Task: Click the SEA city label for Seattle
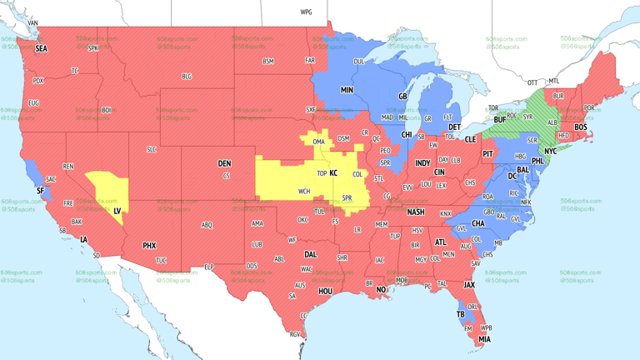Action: [x=41, y=49]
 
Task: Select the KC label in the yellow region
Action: [x=333, y=173]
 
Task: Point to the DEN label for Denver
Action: [x=224, y=163]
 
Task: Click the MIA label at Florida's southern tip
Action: [x=484, y=339]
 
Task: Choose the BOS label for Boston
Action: [x=580, y=127]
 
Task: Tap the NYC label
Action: [x=551, y=152]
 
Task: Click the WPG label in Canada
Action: [x=306, y=12]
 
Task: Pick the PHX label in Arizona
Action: [x=149, y=246]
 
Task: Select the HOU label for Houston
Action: [x=325, y=292]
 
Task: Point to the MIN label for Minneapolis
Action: [x=347, y=90]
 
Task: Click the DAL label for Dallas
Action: [x=310, y=255]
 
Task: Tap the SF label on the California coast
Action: [x=40, y=191]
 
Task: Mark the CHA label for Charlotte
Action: [x=478, y=223]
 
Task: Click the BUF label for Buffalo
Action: [x=499, y=121]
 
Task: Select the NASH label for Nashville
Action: [x=415, y=212]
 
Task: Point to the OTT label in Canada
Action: [x=532, y=82]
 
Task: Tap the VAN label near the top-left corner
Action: [x=33, y=23]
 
